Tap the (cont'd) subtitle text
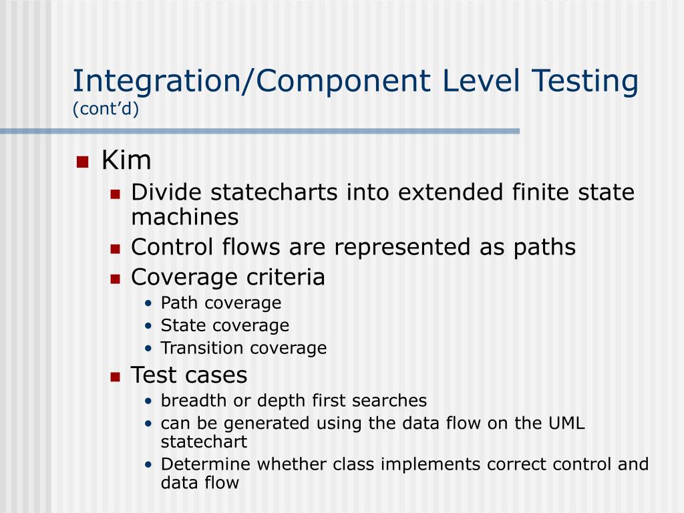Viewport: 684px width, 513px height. (106, 109)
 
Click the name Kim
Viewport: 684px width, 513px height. (126, 161)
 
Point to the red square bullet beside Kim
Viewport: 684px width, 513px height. (82, 162)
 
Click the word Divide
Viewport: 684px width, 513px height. (167, 192)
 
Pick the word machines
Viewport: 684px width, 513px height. (184, 216)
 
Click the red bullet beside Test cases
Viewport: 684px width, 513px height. (114, 376)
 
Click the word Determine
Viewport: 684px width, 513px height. (206, 464)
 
